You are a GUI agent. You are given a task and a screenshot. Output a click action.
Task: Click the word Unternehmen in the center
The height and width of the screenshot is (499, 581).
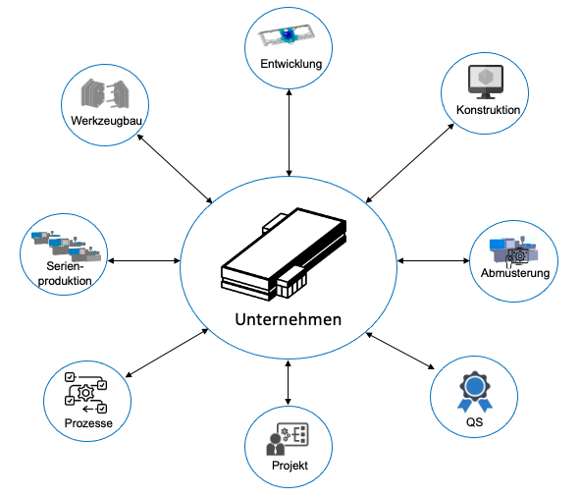click(289, 319)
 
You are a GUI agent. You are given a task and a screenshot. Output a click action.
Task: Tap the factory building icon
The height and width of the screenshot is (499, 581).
click(284, 254)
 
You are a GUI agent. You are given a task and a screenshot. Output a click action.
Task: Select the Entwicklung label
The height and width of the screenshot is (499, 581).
click(291, 64)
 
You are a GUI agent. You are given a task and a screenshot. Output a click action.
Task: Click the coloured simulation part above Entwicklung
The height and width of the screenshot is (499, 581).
click(287, 35)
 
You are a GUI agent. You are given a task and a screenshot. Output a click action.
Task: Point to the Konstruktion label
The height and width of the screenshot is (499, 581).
click(488, 110)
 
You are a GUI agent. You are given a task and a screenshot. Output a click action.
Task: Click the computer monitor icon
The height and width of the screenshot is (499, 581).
click(486, 82)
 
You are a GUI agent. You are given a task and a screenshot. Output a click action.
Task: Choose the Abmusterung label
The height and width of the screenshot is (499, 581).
click(515, 273)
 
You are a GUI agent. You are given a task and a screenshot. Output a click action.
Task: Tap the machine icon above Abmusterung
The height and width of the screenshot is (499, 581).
click(513, 251)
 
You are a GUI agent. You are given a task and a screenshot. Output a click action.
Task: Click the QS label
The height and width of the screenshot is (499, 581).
click(475, 421)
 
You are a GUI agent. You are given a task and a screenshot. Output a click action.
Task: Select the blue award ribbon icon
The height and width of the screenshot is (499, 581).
click(475, 392)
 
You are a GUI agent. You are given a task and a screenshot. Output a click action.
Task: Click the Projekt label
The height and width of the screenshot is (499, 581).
click(290, 466)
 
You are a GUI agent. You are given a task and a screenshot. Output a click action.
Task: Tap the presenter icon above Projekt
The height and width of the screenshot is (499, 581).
click(288, 439)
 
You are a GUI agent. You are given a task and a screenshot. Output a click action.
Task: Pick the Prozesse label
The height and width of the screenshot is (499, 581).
click(88, 423)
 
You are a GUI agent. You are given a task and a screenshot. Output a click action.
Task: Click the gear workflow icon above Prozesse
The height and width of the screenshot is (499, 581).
click(86, 393)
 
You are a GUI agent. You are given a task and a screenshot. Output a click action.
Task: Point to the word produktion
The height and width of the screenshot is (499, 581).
click(65, 281)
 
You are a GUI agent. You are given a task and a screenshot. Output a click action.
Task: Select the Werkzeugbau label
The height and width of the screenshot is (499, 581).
click(106, 121)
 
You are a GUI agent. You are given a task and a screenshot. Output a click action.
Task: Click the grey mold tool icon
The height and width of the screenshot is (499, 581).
click(105, 93)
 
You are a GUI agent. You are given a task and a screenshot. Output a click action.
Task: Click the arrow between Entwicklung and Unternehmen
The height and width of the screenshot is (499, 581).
click(289, 133)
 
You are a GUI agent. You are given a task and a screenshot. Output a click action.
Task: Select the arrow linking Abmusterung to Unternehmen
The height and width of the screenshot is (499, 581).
click(433, 261)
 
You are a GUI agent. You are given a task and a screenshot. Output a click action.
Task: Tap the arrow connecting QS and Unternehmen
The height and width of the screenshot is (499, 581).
click(400, 351)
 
